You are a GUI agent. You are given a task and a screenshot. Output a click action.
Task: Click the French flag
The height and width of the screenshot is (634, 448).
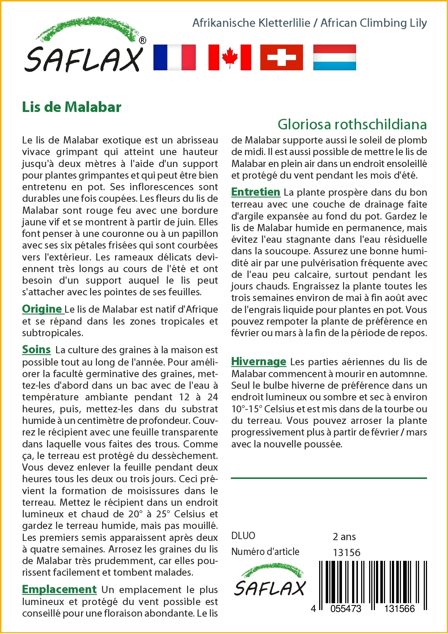click(x=174, y=57)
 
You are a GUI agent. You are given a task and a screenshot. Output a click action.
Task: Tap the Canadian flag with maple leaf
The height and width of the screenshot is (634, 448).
click(x=230, y=57)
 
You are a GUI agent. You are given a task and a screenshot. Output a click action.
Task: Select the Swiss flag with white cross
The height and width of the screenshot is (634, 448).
click(x=282, y=57)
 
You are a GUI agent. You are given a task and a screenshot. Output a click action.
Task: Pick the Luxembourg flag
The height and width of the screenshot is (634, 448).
click(x=334, y=57)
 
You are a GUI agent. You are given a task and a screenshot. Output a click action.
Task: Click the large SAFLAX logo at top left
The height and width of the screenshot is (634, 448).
click(x=84, y=47)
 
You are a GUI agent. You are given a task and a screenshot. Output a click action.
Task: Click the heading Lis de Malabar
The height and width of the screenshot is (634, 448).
click(x=72, y=107)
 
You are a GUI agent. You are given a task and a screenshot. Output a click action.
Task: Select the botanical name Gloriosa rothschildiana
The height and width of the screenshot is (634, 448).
click(x=352, y=124)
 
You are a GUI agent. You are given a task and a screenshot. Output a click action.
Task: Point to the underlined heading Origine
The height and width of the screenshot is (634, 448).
click(x=42, y=309)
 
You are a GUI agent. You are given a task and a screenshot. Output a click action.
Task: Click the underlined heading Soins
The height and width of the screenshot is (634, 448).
click(x=36, y=350)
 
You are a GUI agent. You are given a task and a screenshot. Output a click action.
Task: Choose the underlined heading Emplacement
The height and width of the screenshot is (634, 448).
click(x=59, y=589)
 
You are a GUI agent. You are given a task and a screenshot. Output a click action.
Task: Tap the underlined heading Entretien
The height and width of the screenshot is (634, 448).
click(x=255, y=192)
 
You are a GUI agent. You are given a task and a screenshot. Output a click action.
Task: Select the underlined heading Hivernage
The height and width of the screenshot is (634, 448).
click(x=258, y=362)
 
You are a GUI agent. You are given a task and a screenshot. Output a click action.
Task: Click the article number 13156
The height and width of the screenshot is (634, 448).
click(x=346, y=552)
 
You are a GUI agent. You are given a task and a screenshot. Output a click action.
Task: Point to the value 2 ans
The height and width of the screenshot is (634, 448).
click(x=344, y=537)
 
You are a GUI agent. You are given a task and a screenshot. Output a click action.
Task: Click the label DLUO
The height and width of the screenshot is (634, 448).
click(x=243, y=536)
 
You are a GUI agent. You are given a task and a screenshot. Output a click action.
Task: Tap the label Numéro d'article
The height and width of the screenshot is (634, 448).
click(x=265, y=552)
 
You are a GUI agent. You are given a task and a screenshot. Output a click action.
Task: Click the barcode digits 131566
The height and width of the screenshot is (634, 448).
click(x=399, y=609)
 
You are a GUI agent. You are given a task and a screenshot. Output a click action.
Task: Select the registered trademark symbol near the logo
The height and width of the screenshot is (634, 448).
click(x=143, y=41)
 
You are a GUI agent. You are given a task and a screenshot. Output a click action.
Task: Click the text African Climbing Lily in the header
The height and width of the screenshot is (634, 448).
click(x=373, y=23)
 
